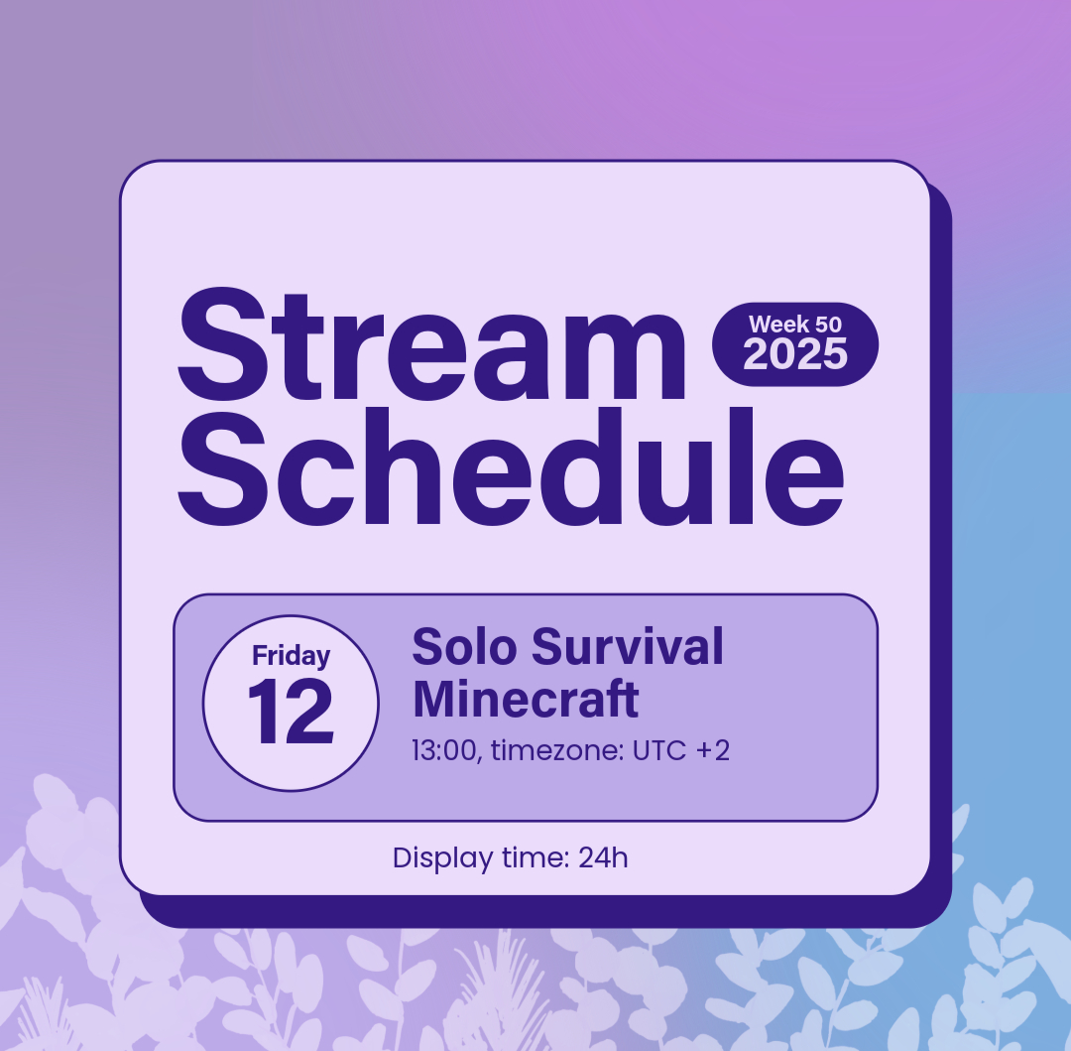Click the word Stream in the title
point(431,344)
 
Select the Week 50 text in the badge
point(795,324)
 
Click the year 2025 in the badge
point(795,354)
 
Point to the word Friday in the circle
point(291,656)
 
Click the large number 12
point(291,712)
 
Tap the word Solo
point(464,646)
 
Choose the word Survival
point(627,646)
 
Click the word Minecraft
point(526,699)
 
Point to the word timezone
point(556,750)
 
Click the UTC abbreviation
point(659,750)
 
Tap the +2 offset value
point(712,750)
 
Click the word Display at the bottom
point(442,858)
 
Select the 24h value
point(603,857)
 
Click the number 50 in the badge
point(828,324)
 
